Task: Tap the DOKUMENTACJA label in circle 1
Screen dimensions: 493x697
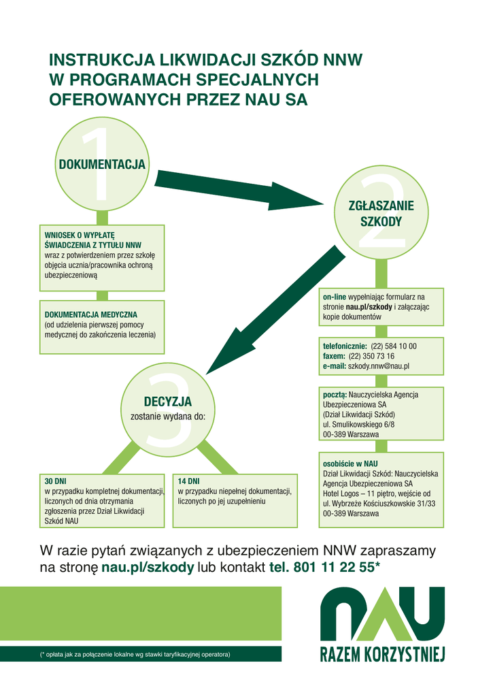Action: (x=102, y=164)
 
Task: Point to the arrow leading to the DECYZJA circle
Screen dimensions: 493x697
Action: (x=275, y=310)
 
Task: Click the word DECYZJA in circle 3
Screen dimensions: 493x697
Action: (x=168, y=402)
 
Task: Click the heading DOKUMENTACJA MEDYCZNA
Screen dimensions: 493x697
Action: (x=91, y=314)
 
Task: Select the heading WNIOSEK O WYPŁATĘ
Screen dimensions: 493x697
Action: (x=80, y=235)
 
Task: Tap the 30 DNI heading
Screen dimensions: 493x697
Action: (x=56, y=481)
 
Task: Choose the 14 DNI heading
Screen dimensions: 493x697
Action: (x=189, y=481)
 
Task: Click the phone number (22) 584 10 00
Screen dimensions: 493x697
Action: (x=394, y=346)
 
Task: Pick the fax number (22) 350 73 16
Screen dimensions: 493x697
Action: (x=371, y=356)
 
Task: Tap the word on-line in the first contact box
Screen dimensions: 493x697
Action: (x=335, y=297)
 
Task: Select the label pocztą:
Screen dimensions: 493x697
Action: (x=335, y=395)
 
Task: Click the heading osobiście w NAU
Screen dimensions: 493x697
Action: (x=350, y=464)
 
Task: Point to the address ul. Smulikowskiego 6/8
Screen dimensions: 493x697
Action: (x=359, y=425)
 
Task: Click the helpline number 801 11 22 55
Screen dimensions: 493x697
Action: (x=334, y=567)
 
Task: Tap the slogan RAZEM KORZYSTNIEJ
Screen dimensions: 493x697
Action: (x=382, y=654)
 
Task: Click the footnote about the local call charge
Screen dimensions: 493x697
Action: (x=135, y=654)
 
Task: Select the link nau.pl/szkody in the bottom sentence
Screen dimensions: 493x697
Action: (x=148, y=568)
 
